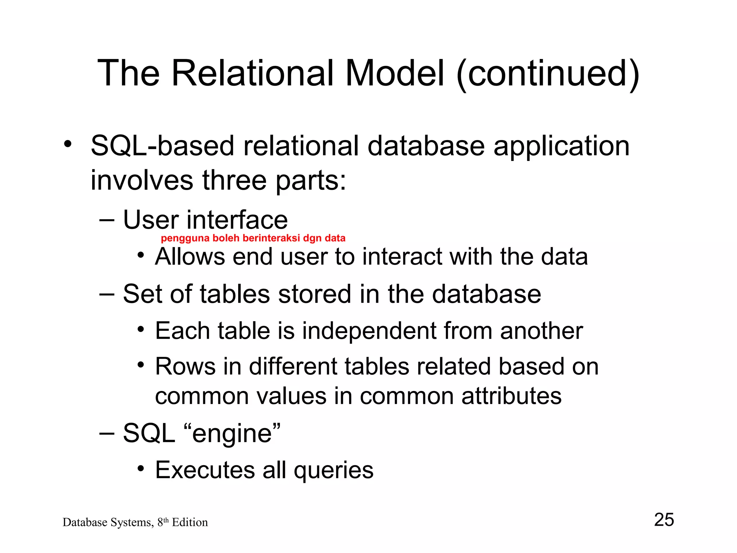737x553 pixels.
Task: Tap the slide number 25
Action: click(x=664, y=520)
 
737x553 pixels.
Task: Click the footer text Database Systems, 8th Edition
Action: click(x=135, y=522)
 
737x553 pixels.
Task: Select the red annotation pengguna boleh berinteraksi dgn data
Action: click(x=253, y=238)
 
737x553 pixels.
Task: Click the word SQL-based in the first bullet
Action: click(x=162, y=146)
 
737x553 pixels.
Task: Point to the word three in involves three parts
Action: click(x=234, y=180)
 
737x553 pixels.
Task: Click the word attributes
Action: click(x=511, y=396)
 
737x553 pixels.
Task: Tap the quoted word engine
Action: click(x=232, y=433)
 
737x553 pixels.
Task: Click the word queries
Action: click(x=334, y=470)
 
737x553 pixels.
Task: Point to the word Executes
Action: click(x=205, y=470)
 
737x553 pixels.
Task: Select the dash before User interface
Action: click(x=107, y=219)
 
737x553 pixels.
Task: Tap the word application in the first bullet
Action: click(x=561, y=146)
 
